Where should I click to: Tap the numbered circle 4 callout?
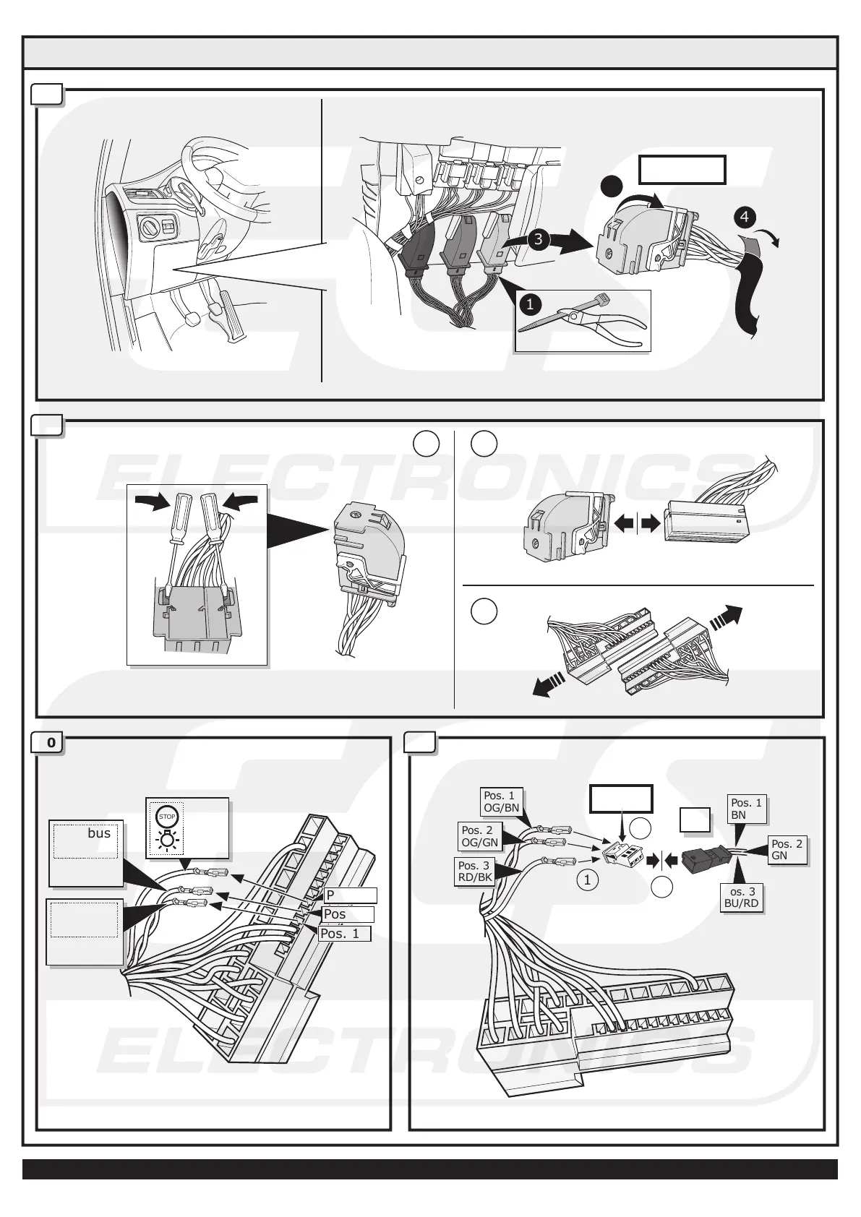pos(745,217)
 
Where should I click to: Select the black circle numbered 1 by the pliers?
pos(530,304)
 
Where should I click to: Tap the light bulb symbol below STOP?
pos(166,840)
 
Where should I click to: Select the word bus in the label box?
pos(99,833)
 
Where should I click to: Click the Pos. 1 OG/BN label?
pos(502,802)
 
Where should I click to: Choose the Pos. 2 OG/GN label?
pos(480,836)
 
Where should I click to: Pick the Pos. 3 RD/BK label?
pos(474,872)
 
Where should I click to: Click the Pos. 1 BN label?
pos(746,809)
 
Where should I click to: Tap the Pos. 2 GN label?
pos(787,850)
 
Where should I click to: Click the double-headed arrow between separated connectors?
pos(637,523)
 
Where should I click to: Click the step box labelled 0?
pos(49,742)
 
